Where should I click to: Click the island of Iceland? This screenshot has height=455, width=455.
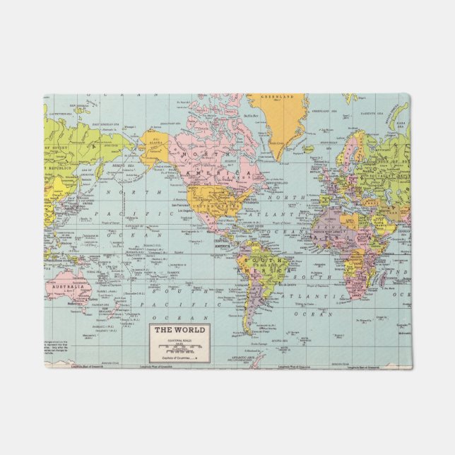(x=308, y=149)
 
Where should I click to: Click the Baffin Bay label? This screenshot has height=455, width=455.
(x=250, y=114)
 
